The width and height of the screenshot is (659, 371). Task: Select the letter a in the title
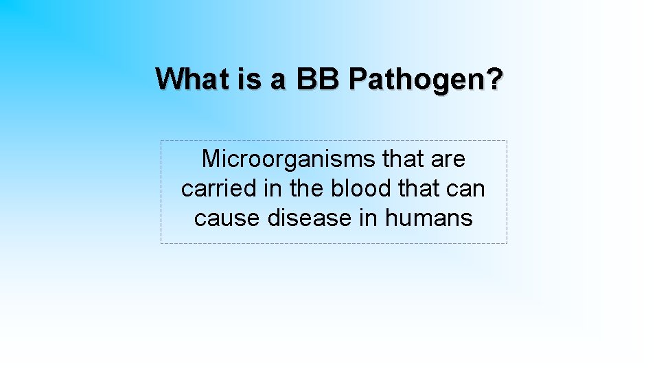click(x=278, y=80)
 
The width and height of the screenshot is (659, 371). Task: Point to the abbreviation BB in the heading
click(x=318, y=78)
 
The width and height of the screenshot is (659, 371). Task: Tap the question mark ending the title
click(x=495, y=78)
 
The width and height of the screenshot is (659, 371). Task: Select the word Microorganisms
click(x=289, y=159)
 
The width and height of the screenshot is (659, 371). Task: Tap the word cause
click(x=224, y=219)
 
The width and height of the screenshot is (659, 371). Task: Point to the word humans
click(x=429, y=218)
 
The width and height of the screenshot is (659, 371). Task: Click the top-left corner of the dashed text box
click(x=161, y=141)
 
